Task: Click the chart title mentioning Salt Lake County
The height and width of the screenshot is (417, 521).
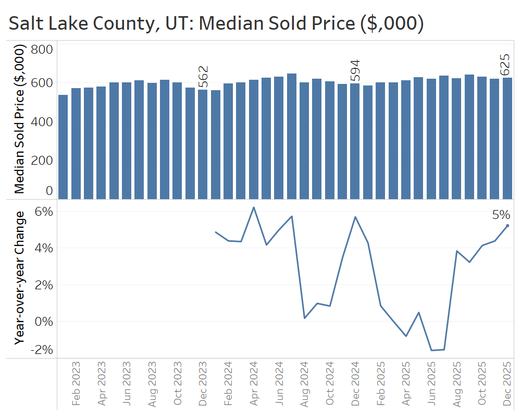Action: tap(216, 24)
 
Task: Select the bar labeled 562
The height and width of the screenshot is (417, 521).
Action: tap(203, 144)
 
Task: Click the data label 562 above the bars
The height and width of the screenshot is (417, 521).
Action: tap(203, 77)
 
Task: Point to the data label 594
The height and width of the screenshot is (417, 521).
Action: tap(355, 70)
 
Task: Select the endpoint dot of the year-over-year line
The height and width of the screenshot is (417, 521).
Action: tap(507, 226)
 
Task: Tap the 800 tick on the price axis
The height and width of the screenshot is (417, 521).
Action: tap(42, 50)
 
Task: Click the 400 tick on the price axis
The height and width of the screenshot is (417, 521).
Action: tap(42, 121)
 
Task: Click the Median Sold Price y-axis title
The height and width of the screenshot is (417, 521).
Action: tap(19, 120)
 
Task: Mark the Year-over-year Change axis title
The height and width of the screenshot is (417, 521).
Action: tap(19, 278)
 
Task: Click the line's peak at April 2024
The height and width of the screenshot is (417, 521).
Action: tap(254, 207)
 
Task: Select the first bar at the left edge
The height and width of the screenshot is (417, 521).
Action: tap(63, 147)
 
